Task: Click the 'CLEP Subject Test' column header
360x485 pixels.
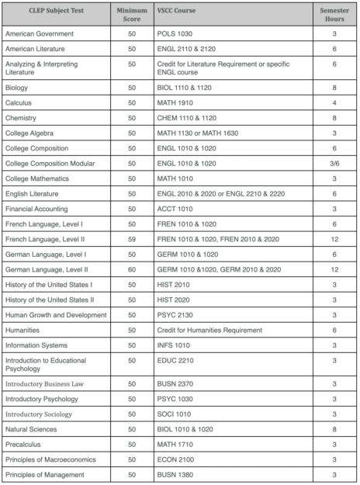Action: point(45,11)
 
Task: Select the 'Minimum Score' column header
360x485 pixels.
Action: point(131,15)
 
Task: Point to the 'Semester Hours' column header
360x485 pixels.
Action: point(334,15)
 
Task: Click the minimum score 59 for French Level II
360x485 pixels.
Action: point(131,239)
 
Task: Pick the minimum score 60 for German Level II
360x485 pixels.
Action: point(131,269)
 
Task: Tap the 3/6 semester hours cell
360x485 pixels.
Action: point(334,164)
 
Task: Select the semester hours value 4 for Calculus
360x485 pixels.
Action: point(334,102)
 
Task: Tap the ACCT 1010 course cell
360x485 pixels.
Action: point(178,209)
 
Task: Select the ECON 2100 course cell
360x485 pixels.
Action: point(179,459)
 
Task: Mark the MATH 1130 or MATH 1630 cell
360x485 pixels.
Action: point(202,133)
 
